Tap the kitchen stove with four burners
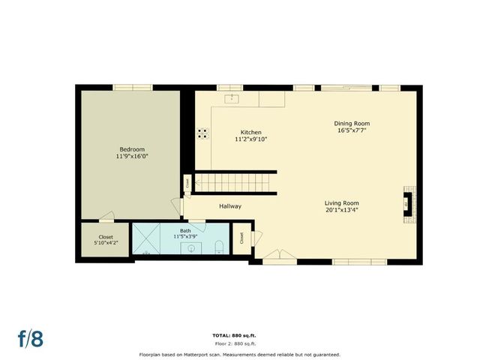tap(202, 133)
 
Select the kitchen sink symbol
tap(232, 97)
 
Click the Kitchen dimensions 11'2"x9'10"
tap(250, 139)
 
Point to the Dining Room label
tap(352, 123)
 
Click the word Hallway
tap(229, 206)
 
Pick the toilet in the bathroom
tap(218, 247)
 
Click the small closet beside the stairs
tap(186, 183)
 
